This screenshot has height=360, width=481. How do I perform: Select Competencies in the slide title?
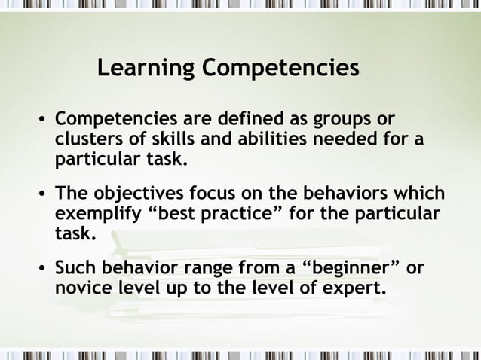coord(280,69)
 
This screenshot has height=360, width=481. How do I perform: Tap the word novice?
coord(83,288)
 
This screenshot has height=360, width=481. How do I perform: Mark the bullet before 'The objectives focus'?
coord(42,194)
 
